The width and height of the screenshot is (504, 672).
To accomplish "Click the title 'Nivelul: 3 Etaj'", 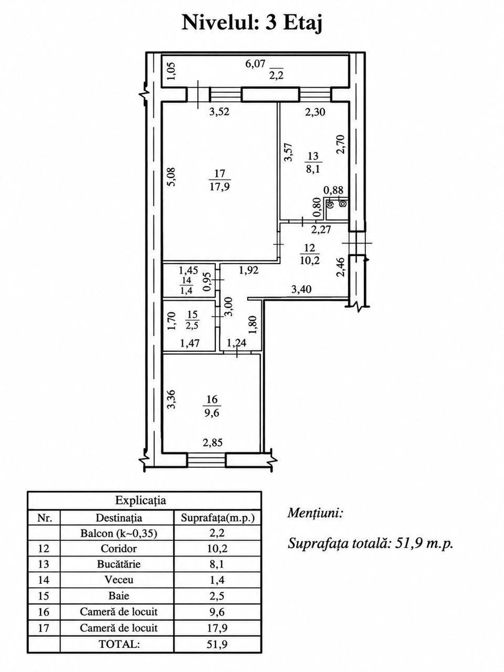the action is coord(252,23).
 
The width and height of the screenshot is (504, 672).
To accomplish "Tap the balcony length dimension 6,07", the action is coord(255,64).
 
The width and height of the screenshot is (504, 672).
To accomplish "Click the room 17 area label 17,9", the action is coord(220,186).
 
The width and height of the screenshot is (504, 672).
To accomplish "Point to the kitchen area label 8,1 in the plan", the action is coord(313,169).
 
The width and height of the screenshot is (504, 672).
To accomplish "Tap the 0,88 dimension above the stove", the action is coord(333,190).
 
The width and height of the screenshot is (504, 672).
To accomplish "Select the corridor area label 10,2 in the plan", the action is coord(310,260).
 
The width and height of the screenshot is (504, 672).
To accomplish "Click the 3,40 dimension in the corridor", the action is coord(301,289).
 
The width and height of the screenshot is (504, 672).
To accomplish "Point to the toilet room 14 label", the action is coord(186,284).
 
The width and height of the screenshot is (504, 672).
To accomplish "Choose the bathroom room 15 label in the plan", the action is coord(192,320).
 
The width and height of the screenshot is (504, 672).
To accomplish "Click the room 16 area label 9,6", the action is coord(212,414).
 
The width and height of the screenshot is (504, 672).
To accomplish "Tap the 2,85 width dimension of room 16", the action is coord(213,443).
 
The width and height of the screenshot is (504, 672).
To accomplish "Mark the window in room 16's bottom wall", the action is coord(206,459).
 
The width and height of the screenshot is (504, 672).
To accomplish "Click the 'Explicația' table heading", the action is coord(141,500).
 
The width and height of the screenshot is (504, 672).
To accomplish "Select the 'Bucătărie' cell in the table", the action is coord(119,564).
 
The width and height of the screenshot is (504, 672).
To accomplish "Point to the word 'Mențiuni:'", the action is coord(315,513).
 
